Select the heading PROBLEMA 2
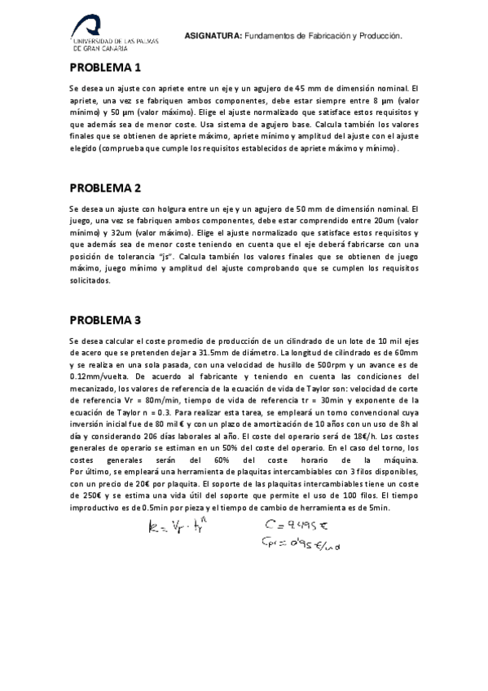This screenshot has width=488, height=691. coord(105,187)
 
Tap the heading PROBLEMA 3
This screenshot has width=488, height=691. coord(105,319)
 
